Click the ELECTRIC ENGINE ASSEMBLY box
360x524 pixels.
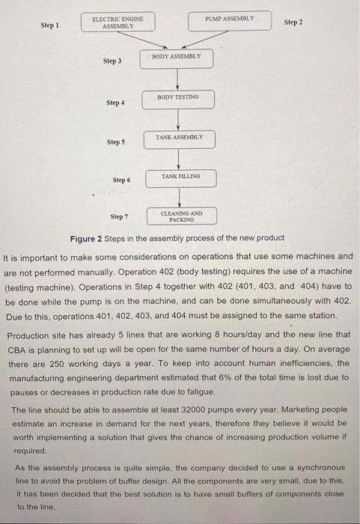coord(118,22)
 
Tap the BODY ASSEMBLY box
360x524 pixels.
coord(178,58)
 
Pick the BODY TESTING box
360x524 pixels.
coord(178,99)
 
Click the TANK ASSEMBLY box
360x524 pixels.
coord(178,139)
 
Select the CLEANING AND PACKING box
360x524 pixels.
coord(181,216)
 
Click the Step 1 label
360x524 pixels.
coord(50,25)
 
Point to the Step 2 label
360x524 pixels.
coord(293,23)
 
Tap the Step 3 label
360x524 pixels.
coord(113,60)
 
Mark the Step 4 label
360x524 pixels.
coord(116,103)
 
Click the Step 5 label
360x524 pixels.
coord(117,141)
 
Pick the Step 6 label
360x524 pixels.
coord(120,180)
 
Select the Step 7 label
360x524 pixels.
coord(119,217)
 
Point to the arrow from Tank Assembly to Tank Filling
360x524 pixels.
coord(178,159)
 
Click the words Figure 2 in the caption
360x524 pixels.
coord(88,238)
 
